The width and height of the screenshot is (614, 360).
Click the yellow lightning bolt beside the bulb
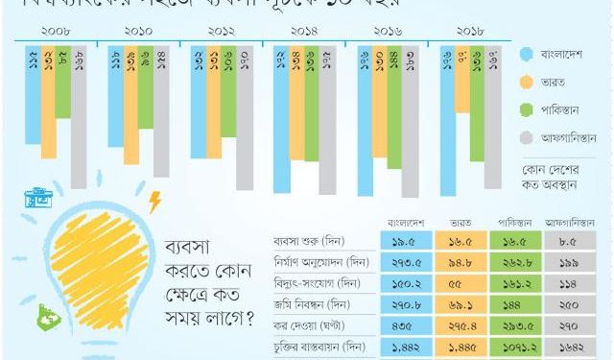point(154,203)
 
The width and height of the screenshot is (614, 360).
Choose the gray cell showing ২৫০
point(570,305)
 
